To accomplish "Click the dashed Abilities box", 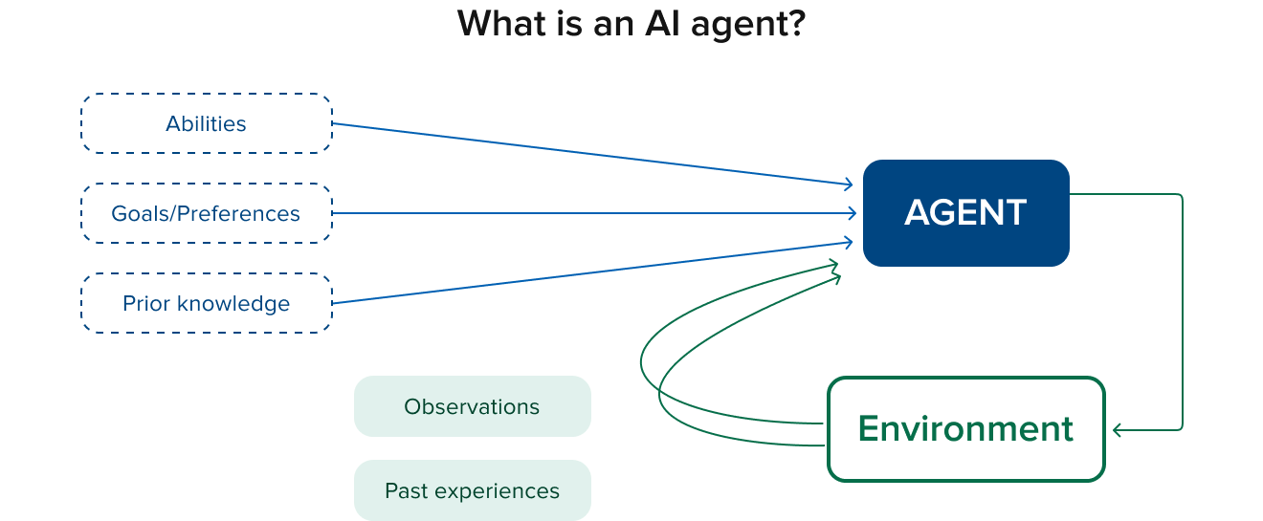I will pos(206,124).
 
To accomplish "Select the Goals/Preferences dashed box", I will pos(206,214).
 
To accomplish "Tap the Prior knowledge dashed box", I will pos(206,304).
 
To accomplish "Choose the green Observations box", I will pos(472,406).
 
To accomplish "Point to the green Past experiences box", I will pos(472,490).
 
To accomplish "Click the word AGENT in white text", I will pos(965,212).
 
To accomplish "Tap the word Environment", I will pos(965,428).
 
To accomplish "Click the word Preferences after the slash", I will pos(246,214).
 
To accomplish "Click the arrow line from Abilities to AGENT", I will pos(593,154).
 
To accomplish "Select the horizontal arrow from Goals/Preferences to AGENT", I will pos(593,214).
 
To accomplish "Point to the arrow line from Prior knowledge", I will pos(593,272).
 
